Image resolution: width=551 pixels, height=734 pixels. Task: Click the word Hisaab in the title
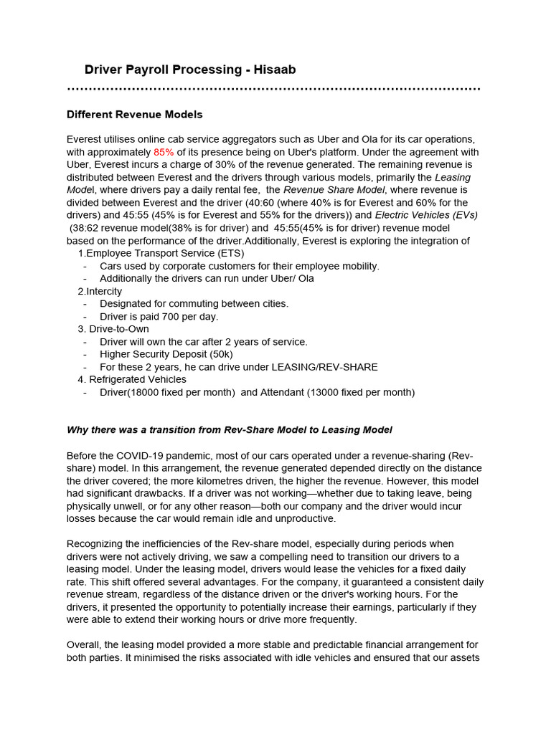[x=270, y=70]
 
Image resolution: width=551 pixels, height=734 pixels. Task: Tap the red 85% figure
[x=164, y=153]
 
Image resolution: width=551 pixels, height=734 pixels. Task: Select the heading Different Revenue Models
[x=134, y=115]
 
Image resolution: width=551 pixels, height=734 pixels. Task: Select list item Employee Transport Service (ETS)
[x=165, y=253]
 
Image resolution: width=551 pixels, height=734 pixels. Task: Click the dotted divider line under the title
[x=273, y=90]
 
